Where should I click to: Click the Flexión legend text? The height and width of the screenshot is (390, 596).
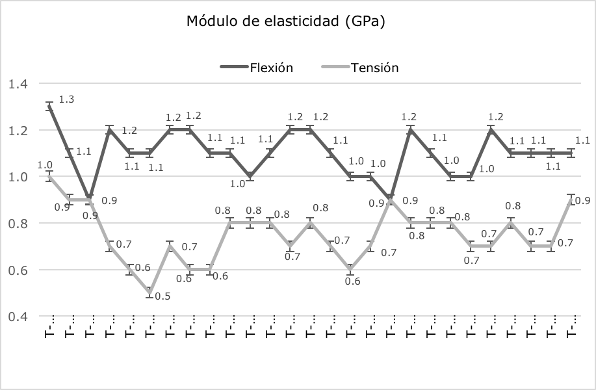[x=271, y=68]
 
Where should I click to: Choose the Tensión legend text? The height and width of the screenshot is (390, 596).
[x=374, y=68]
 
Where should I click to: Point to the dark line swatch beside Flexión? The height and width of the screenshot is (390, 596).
[x=233, y=68]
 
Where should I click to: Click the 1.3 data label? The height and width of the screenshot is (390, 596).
[x=66, y=99]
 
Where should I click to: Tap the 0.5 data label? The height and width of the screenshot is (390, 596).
[x=164, y=296]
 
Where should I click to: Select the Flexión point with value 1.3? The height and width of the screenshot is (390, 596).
[x=49, y=107]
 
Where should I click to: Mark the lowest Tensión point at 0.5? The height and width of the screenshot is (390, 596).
[x=150, y=292]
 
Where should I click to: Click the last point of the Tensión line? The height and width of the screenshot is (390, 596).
[x=571, y=200]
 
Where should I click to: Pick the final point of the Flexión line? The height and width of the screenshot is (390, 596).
[x=571, y=153]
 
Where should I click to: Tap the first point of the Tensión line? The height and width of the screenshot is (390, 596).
[x=49, y=176]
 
